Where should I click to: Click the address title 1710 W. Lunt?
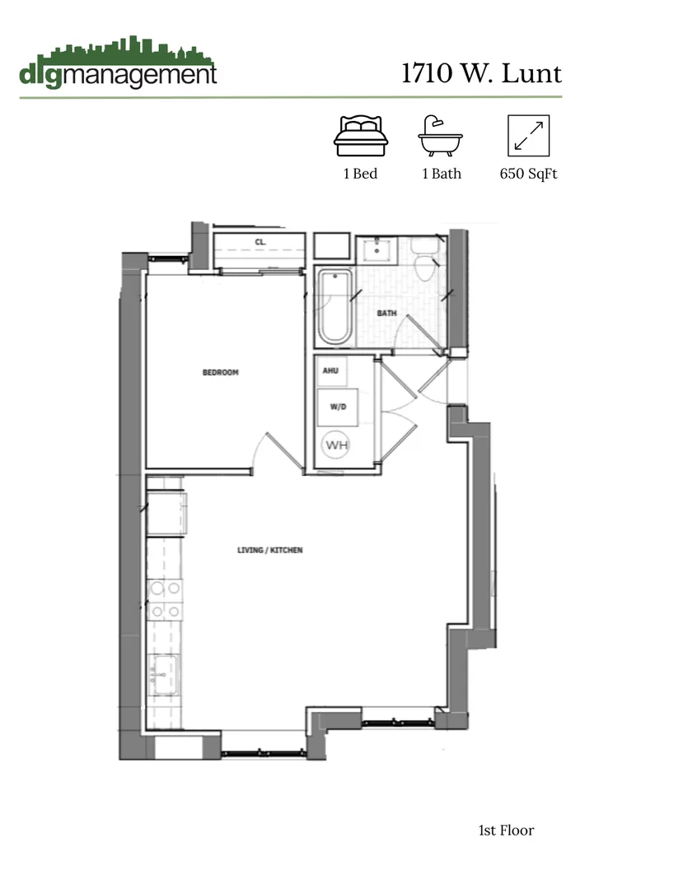coord(481,74)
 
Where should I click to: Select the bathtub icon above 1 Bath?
coord(441,136)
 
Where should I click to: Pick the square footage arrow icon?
coord(528,136)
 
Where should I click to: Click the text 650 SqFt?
coord(528,174)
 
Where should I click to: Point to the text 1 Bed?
coord(360,174)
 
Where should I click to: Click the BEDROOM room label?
coord(220,373)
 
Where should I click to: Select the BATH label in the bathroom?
coord(387,314)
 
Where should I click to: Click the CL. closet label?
coord(260,242)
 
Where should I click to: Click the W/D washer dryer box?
coord(337,405)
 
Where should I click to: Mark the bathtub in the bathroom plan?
coord(334,307)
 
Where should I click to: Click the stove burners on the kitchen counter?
coord(165,599)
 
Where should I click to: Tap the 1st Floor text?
coord(506,830)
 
